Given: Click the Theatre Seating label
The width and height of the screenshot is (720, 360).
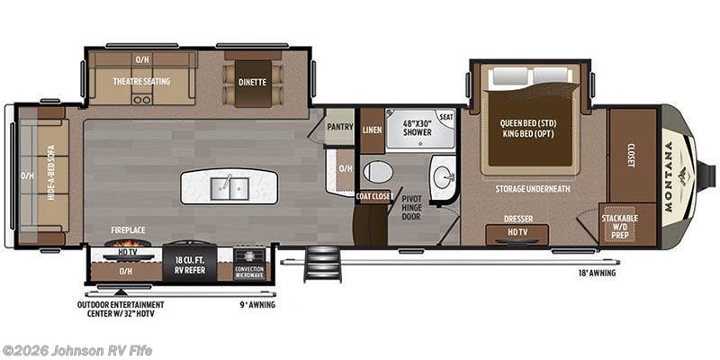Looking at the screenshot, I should pyautogui.click(x=141, y=80).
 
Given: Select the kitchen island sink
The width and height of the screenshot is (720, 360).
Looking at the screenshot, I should pyautogui.click(x=229, y=187).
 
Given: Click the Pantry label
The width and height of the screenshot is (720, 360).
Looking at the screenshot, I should pyautogui.click(x=339, y=127).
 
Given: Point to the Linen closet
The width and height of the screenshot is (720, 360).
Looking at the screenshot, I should pyautogui.click(x=372, y=130).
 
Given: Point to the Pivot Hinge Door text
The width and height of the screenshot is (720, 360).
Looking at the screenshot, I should pyautogui.click(x=413, y=205).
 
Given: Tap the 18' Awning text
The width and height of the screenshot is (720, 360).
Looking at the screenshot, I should pyautogui.click(x=597, y=273).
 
